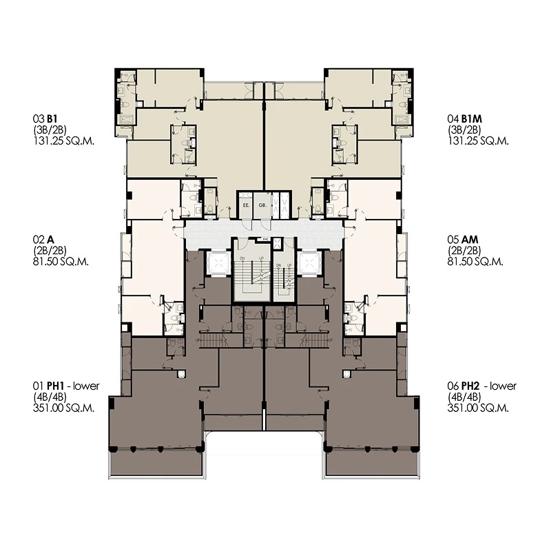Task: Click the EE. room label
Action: point(245,205)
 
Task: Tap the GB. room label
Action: point(262,205)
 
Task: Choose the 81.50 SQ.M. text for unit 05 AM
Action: point(475,262)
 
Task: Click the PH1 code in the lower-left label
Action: point(54,386)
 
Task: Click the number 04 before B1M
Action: point(453,118)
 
